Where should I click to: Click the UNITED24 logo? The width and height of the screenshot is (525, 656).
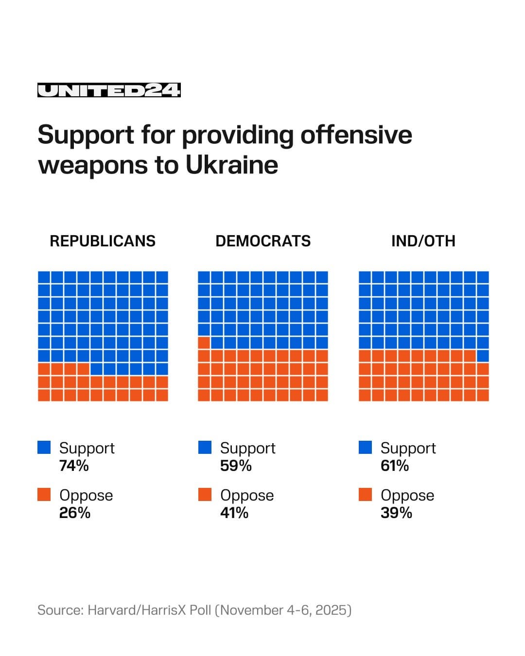tap(109, 90)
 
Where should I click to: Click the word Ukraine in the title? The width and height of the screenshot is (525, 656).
tap(232, 165)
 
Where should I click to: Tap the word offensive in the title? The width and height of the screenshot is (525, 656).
tap(356, 135)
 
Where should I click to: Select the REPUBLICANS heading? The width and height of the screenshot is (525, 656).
tap(103, 241)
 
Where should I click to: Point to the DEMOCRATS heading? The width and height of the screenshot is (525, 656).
tap(263, 241)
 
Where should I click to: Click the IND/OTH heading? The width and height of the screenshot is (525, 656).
tap(423, 241)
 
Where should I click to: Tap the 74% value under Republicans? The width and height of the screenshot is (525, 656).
tap(74, 466)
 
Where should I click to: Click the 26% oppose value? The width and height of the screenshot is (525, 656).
tap(75, 513)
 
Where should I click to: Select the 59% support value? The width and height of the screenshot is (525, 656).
tap(236, 466)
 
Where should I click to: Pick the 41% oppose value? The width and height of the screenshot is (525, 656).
tap(234, 513)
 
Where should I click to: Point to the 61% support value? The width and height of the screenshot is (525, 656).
tap(395, 466)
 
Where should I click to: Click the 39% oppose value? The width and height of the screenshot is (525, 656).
tap(396, 513)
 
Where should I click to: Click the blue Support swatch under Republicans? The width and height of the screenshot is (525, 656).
tap(44, 448)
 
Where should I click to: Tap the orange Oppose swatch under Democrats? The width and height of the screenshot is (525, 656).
tap(205, 495)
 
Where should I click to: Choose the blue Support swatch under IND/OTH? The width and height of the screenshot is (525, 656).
tap(365, 448)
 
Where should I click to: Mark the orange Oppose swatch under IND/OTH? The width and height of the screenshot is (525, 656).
tap(365, 495)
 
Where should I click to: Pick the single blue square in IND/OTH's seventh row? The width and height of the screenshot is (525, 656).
tap(483, 356)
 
